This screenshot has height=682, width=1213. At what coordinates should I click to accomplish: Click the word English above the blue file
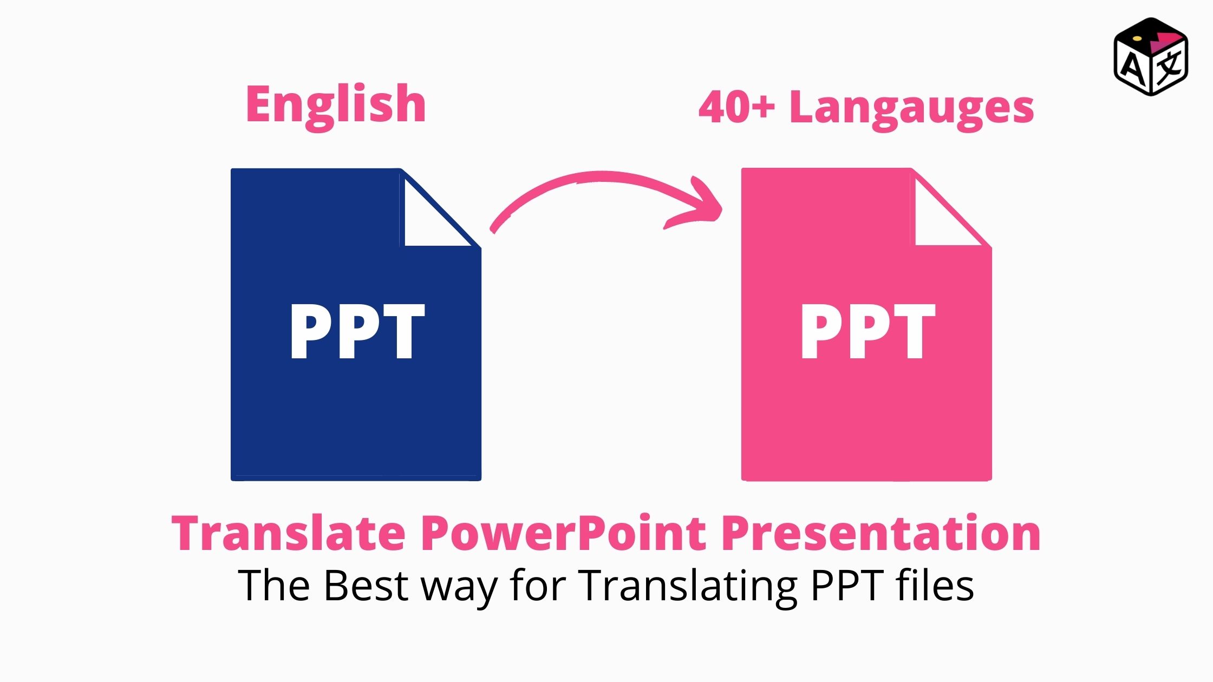click(336, 106)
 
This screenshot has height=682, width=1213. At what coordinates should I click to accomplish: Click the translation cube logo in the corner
click(1151, 57)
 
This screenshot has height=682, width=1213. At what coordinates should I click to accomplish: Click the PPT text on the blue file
click(357, 331)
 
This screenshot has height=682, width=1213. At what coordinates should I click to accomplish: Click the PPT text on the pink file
click(868, 331)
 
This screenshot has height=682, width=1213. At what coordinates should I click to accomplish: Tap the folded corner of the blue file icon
click(433, 214)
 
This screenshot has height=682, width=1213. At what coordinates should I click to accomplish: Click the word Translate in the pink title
click(289, 533)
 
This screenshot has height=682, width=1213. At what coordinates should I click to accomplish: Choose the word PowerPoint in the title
click(564, 533)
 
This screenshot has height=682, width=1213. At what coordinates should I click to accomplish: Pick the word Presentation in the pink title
click(881, 533)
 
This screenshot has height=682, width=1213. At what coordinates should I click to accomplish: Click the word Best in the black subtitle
click(366, 585)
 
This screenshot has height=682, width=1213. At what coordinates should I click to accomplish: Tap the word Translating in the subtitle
click(688, 587)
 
